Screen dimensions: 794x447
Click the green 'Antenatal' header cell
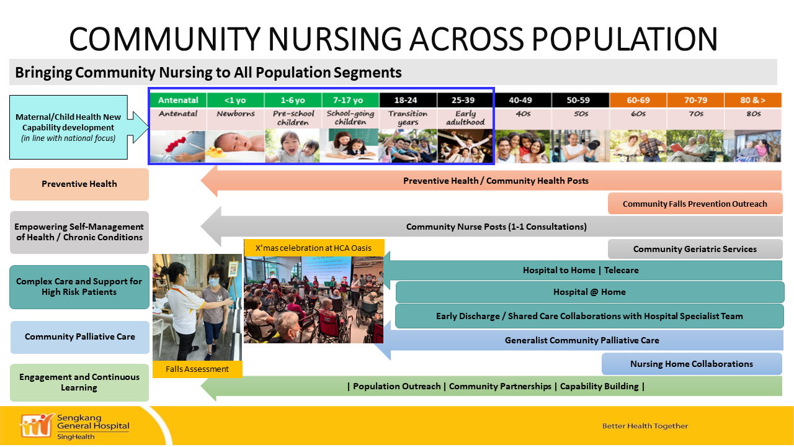[x=178, y=100]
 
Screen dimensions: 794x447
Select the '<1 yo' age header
[x=235, y=100]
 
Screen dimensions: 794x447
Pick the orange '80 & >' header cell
[x=753, y=100]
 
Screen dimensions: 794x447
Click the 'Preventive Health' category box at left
[x=79, y=184]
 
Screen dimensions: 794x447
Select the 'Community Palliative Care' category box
[x=80, y=337]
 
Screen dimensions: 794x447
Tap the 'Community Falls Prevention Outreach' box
[x=695, y=204]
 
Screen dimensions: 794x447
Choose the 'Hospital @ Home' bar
[x=589, y=292]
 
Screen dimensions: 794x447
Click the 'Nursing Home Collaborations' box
[x=692, y=364]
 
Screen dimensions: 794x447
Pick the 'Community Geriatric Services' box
[x=695, y=249]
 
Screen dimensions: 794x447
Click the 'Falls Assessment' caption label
[x=197, y=369]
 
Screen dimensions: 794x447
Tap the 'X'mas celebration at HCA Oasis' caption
[x=314, y=248]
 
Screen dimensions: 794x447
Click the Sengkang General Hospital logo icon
[x=37, y=425]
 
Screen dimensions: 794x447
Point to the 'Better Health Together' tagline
[x=645, y=426]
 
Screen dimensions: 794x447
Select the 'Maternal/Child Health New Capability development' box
[x=68, y=127]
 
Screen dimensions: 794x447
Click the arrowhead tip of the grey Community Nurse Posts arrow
[x=202, y=227]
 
